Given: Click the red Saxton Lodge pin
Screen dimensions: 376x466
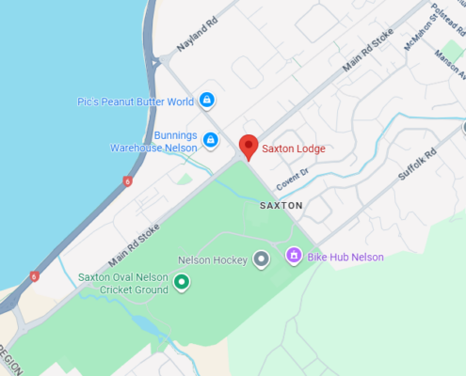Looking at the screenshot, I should click(249, 147).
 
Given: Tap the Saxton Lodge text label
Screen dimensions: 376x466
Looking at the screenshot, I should click(294, 149).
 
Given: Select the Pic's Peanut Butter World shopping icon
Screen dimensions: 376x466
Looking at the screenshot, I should click(207, 101).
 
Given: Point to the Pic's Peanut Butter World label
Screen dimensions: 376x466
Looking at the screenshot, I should click(136, 102).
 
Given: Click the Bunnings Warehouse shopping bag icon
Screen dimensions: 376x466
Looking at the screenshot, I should click(211, 142).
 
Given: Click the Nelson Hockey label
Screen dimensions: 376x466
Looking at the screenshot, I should click(212, 259).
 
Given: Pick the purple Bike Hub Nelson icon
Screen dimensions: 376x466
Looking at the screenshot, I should click(293, 255).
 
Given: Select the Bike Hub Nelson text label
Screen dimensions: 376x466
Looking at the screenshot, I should click(345, 256).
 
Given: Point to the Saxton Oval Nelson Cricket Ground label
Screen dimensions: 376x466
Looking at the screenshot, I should click(122, 283).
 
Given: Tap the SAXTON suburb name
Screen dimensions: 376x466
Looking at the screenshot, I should click(281, 205).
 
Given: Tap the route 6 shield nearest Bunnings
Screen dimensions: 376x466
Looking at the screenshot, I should click(127, 180).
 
